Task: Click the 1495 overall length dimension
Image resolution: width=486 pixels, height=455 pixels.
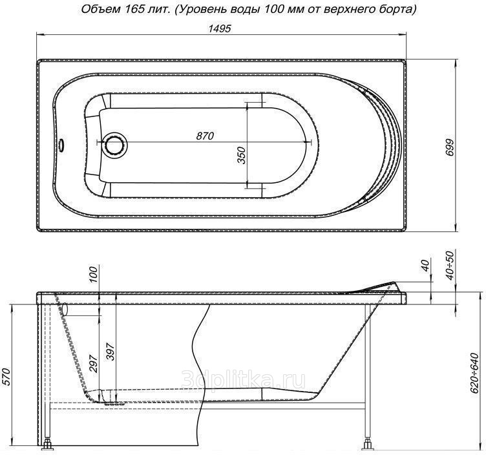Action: click(x=220, y=28)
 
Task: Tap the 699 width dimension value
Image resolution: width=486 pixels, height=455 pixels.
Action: click(x=450, y=148)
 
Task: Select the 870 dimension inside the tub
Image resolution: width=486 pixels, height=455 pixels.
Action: click(x=205, y=136)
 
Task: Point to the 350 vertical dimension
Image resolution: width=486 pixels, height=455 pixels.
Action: click(x=241, y=155)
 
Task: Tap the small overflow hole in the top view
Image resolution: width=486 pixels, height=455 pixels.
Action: click(x=61, y=145)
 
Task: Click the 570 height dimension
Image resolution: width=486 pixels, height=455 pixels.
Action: click(x=6, y=377)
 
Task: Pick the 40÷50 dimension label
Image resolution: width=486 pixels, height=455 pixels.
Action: click(x=450, y=266)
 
